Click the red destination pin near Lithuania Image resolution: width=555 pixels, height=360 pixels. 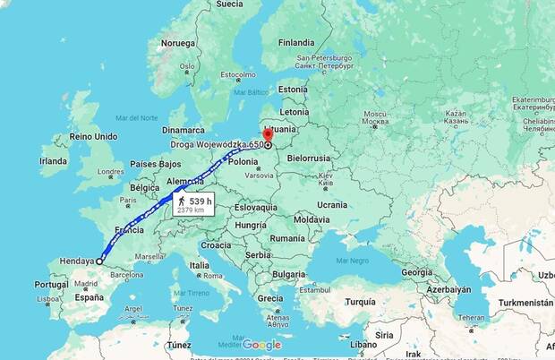pyautogui.click(x=268, y=134)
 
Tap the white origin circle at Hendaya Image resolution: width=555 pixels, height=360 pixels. pyautogui.click(x=98, y=262)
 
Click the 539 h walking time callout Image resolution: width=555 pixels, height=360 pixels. pyautogui.click(x=193, y=207)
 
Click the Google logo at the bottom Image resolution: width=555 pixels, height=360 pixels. pyautogui.click(x=261, y=345)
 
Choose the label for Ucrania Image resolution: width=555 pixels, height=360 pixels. pyautogui.click(x=331, y=204)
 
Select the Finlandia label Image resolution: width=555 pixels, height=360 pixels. pyautogui.click(x=295, y=42)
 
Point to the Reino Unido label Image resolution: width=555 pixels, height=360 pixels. pyautogui.click(x=94, y=136)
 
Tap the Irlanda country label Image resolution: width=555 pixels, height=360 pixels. pyautogui.click(x=53, y=160)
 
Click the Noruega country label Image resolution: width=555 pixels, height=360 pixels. pyautogui.click(x=177, y=43)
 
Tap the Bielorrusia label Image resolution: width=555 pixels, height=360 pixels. pyautogui.click(x=309, y=158)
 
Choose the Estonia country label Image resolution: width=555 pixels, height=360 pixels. pyautogui.click(x=293, y=89)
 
